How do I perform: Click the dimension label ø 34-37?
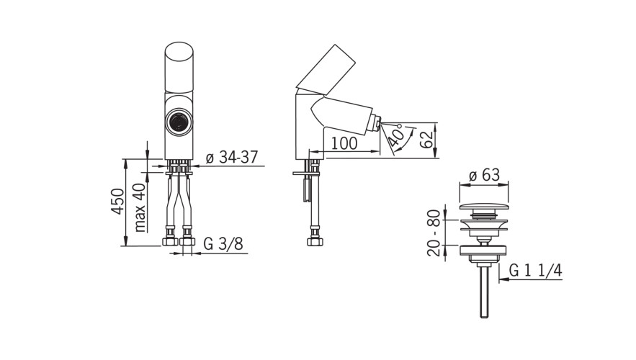point(232,157)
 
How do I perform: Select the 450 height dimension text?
point(118,201)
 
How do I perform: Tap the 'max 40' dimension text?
point(139,207)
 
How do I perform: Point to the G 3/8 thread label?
point(223,243)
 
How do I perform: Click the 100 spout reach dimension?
point(344,143)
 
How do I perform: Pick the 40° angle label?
point(396,135)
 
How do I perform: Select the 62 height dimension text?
point(426,140)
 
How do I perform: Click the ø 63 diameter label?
point(484,175)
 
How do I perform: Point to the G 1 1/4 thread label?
point(535,270)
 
